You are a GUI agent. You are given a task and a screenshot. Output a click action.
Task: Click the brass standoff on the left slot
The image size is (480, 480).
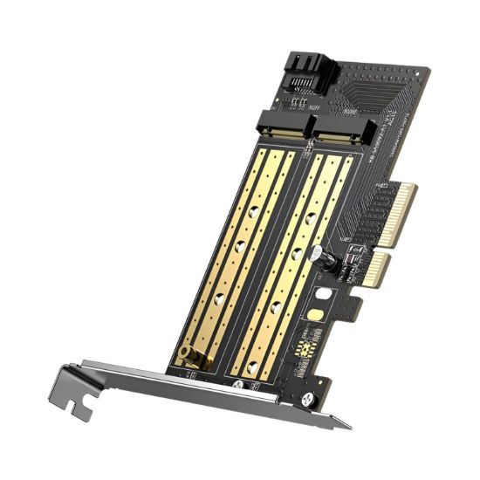click(x=187, y=355)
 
